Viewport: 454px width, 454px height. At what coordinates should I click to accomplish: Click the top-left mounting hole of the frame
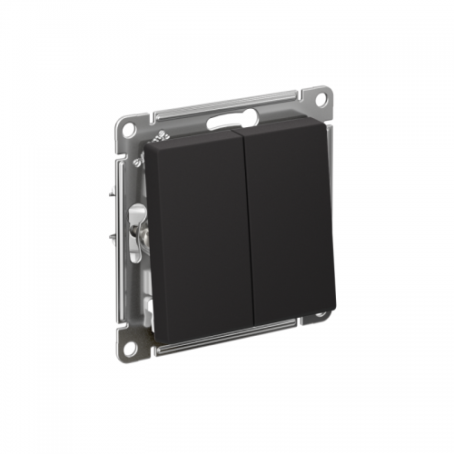click(x=127, y=128)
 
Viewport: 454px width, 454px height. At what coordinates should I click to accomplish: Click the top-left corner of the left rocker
click(x=148, y=147)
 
